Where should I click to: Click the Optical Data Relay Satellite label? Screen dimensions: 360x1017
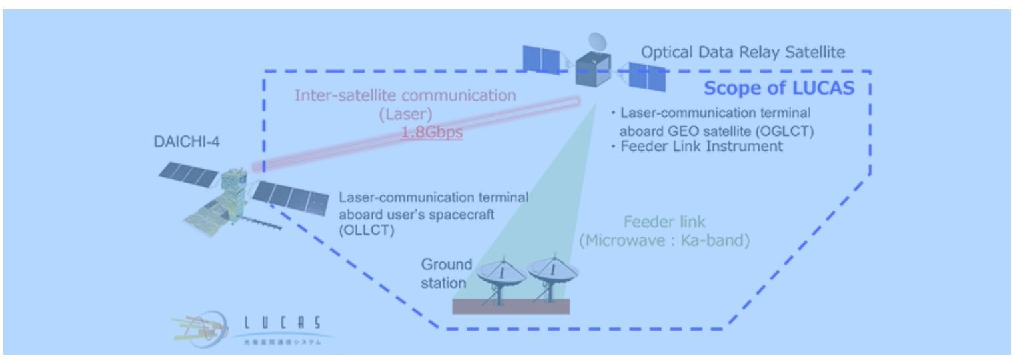pyautogui.click(x=743, y=53)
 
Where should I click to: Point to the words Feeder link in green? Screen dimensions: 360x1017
pyautogui.click(x=664, y=223)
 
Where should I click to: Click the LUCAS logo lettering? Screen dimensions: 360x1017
pyautogui.click(x=279, y=322)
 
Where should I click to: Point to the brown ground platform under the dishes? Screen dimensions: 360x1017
pyautogui.click(x=510, y=306)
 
